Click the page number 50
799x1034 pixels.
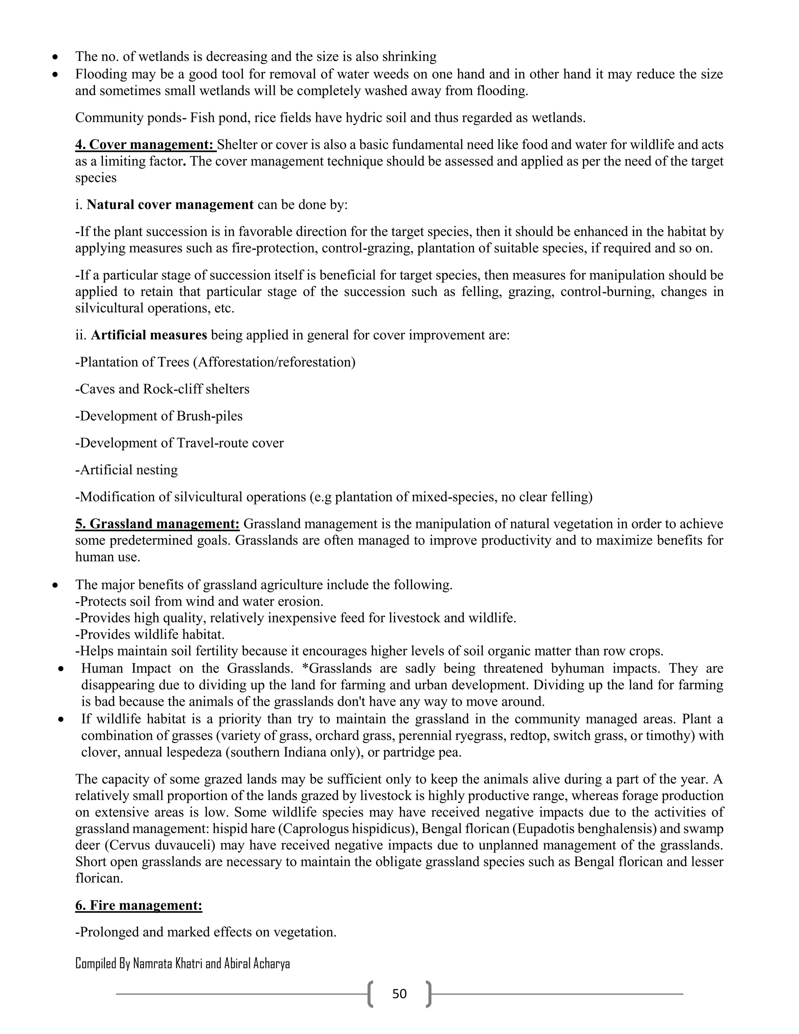pyautogui.click(x=399, y=994)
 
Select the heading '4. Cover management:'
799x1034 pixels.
pyautogui.click(x=145, y=144)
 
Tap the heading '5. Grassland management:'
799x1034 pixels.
pyautogui.click(x=157, y=524)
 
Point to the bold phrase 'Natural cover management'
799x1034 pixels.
pyautogui.click(x=170, y=204)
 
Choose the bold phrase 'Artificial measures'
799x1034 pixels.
pyautogui.click(x=149, y=335)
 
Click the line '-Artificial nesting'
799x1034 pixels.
pyautogui.click(x=126, y=470)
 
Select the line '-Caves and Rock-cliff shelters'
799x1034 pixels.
pyautogui.click(x=162, y=389)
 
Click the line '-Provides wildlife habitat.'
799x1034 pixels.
pyautogui.click(x=149, y=634)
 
